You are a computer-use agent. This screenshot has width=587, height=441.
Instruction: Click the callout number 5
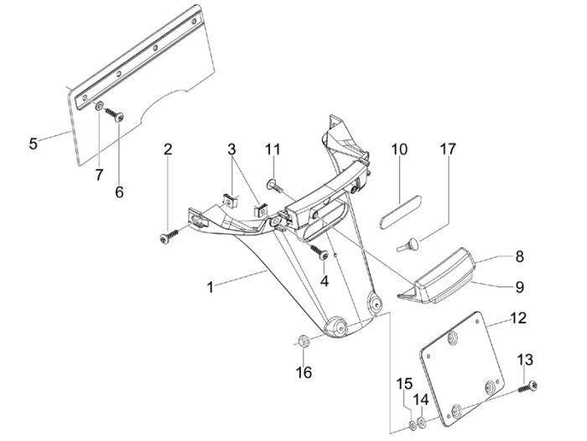tap(33, 143)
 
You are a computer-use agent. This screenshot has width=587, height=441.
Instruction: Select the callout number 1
tap(210, 287)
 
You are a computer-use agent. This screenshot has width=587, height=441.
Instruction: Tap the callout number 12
tap(517, 319)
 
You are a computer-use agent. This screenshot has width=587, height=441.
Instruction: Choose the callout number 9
tap(519, 286)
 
